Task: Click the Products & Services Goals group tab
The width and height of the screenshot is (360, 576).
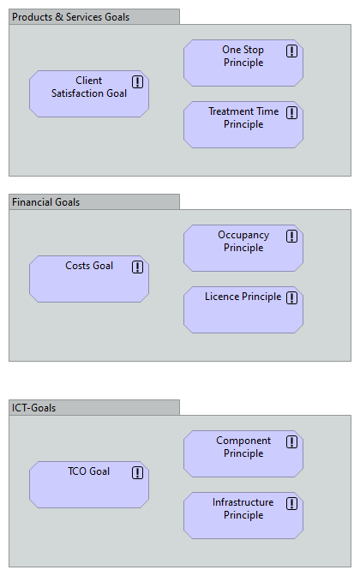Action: [x=93, y=16]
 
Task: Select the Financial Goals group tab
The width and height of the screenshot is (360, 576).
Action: [x=93, y=201]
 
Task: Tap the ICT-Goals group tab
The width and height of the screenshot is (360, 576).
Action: [x=93, y=407]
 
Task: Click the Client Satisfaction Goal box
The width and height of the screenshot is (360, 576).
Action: [x=89, y=94]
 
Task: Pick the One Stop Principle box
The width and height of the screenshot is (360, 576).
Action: [x=243, y=63]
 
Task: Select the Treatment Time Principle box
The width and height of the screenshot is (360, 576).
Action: [x=243, y=125]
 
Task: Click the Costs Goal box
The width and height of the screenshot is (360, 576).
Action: [x=89, y=279]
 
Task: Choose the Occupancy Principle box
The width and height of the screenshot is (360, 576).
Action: [x=243, y=249]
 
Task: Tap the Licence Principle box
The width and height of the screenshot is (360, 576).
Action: [x=243, y=310]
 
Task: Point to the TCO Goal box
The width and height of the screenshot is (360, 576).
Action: [x=89, y=485]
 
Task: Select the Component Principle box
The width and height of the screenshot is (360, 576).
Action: [x=243, y=454]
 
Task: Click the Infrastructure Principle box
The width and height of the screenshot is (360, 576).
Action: [x=243, y=516]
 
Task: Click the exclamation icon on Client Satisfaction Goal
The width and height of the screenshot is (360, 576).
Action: [x=137, y=81]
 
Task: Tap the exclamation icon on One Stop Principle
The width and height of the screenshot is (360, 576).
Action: [x=291, y=51]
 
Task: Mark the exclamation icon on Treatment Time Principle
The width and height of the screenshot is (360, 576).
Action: [x=291, y=112]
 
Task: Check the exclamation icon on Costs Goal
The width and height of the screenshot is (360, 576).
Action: [x=137, y=267]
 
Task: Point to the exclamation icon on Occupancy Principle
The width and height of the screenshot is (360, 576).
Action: [x=291, y=236]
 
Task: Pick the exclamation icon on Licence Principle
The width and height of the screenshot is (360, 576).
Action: [x=291, y=297]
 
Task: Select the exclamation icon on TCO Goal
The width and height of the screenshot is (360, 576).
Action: [x=137, y=472]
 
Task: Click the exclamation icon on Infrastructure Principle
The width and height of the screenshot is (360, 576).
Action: [x=291, y=503]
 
